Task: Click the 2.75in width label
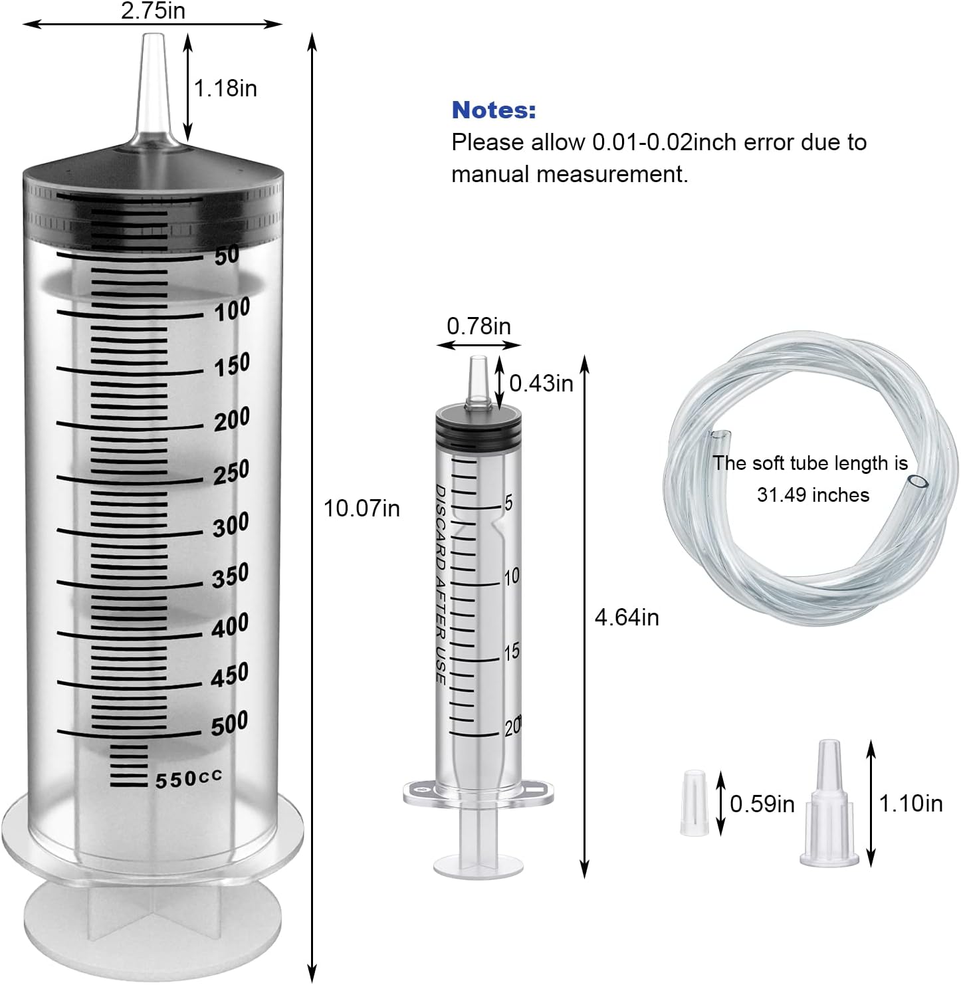(x=153, y=11)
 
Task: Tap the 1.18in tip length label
(x=225, y=88)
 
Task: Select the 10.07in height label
(x=362, y=508)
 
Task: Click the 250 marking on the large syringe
(x=231, y=471)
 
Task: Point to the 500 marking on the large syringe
(x=229, y=723)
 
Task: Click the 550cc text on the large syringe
(x=189, y=778)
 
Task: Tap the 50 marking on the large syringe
(x=227, y=255)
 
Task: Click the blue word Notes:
(x=493, y=110)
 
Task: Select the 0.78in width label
(x=479, y=326)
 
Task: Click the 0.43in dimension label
(x=541, y=383)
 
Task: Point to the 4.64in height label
(x=626, y=617)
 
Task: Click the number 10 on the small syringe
(x=511, y=576)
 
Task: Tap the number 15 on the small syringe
(x=511, y=652)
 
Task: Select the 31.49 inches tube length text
(x=812, y=494)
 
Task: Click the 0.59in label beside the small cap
(x=762, y=804)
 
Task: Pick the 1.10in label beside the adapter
(x=910, y=804)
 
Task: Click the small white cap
(x=693, y=802)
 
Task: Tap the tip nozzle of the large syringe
(x=153, y=86)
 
